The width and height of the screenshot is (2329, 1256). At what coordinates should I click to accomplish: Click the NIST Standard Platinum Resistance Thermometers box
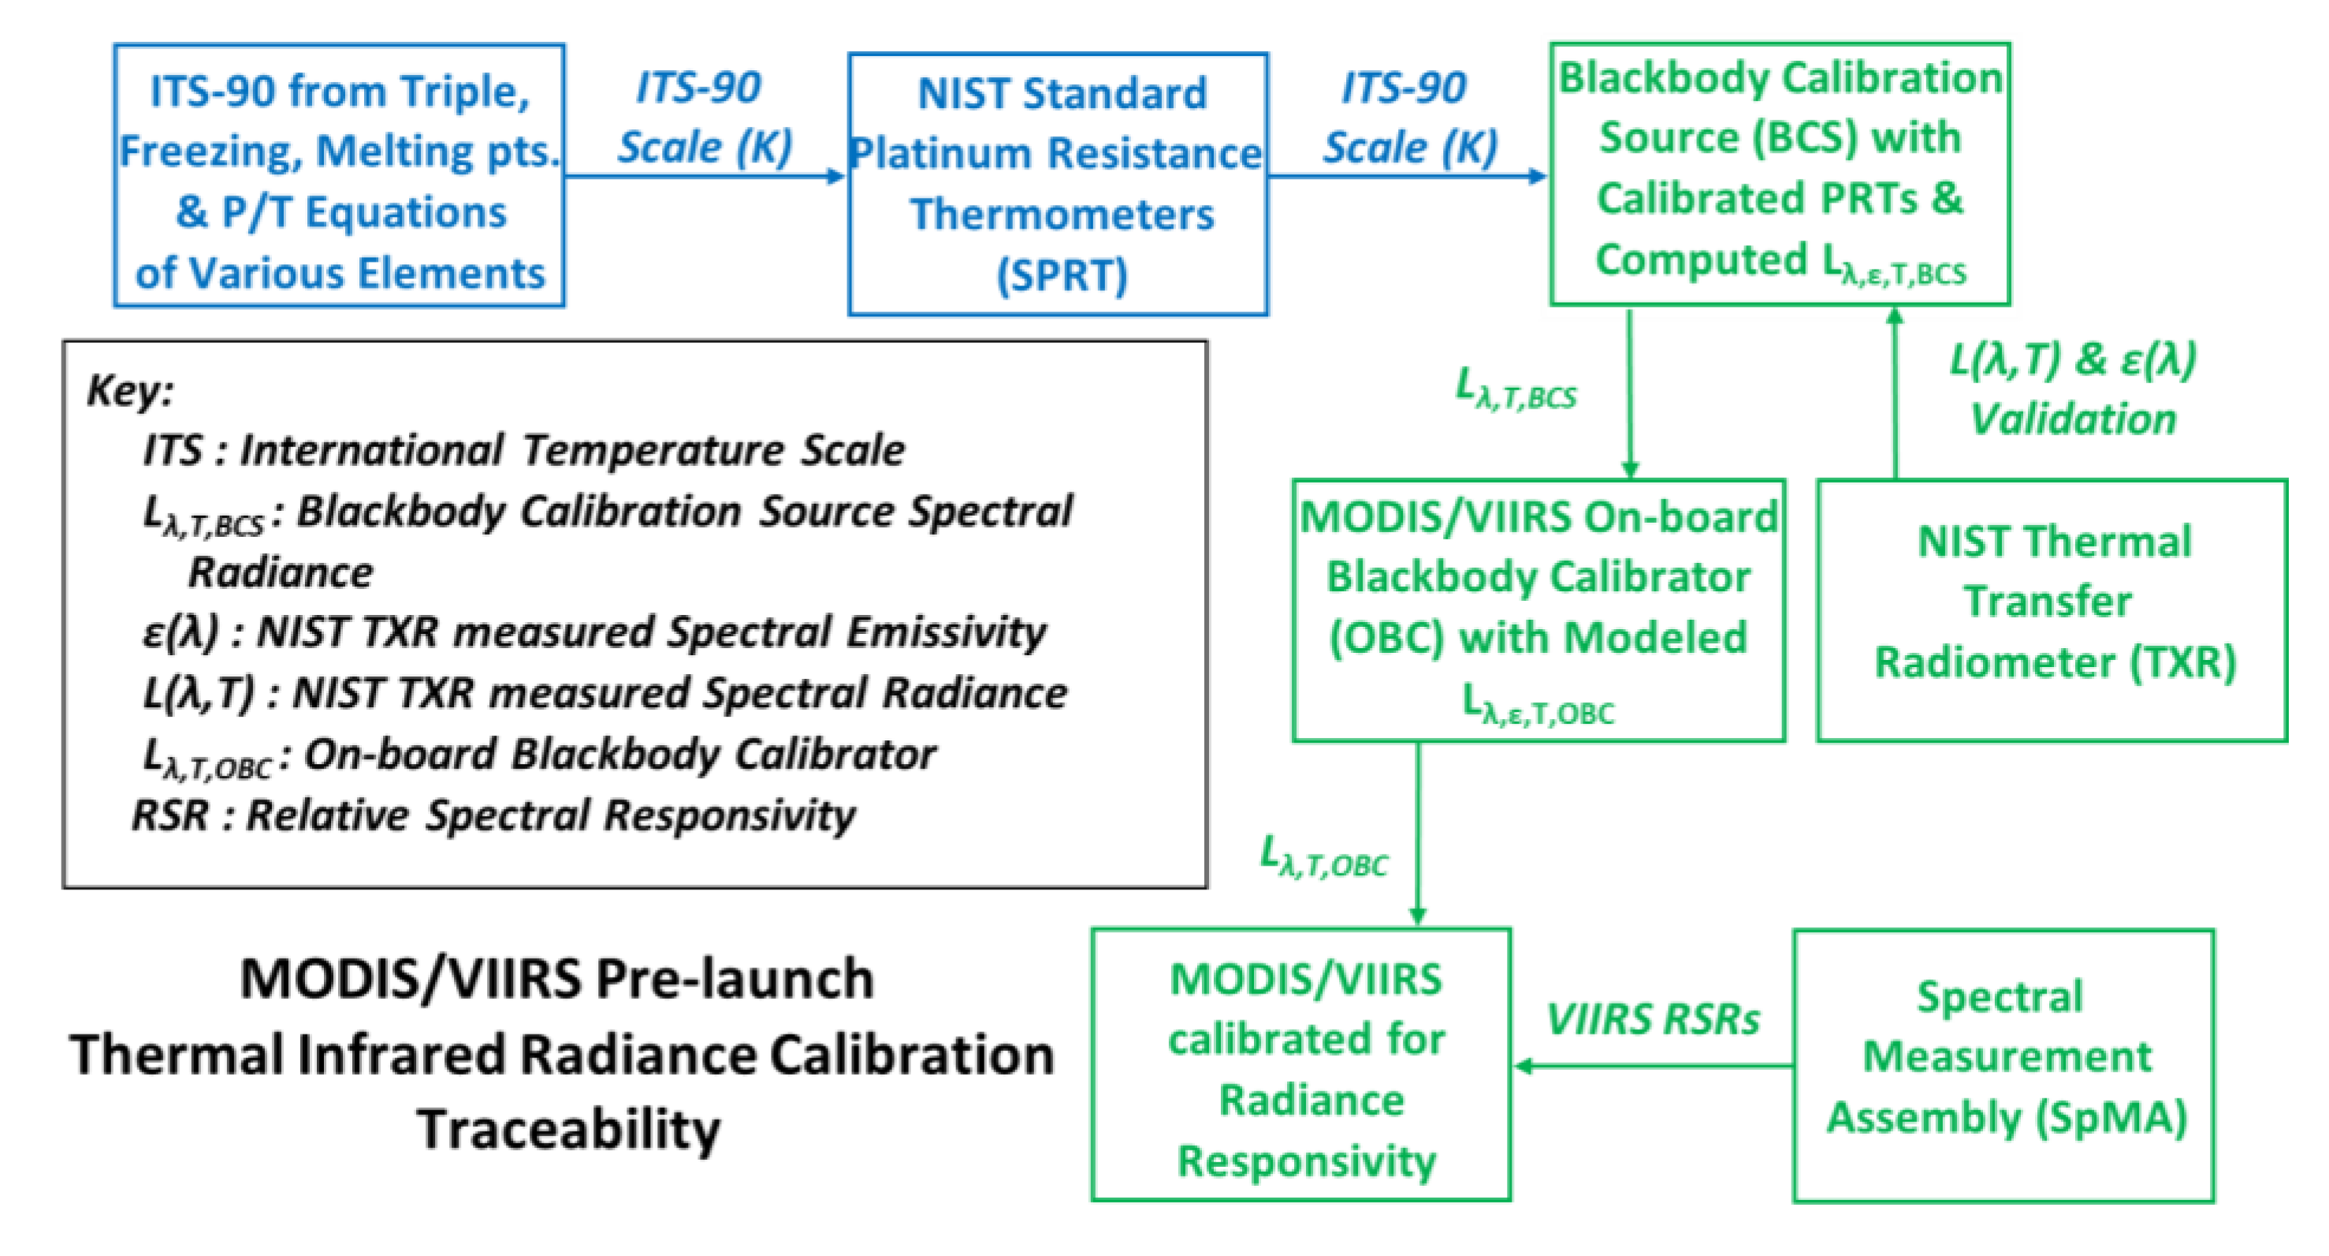coord(1058,184)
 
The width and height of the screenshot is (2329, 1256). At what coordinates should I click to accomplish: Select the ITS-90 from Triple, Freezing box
coord(339,175)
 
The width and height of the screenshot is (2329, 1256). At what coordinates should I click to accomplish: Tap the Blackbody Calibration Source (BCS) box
coord(1780,173)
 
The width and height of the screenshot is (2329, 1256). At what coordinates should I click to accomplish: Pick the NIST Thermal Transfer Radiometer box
coord(2052,610)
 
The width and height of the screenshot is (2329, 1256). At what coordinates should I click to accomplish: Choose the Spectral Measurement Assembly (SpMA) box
coord(2003,1065)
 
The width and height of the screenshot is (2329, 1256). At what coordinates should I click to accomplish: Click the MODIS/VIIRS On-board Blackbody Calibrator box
coord(1538,610)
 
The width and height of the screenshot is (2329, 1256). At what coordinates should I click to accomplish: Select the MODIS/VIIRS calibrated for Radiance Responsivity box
coord(1301,1064)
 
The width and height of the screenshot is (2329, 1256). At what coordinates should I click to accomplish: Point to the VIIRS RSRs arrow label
coord(1652,1020)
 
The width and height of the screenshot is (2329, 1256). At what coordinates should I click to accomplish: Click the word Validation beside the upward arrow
coord(2072,419)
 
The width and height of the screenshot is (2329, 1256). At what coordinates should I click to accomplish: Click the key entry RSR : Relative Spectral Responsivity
coord(493,814)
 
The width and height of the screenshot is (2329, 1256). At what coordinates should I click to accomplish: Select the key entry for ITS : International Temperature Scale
coord(523,450)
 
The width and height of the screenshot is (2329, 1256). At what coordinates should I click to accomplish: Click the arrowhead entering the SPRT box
coord(837,177)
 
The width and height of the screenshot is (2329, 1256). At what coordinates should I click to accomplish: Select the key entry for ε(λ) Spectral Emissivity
coord(594,632)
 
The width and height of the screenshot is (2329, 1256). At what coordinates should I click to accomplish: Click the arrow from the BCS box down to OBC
coord(1629,393)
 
